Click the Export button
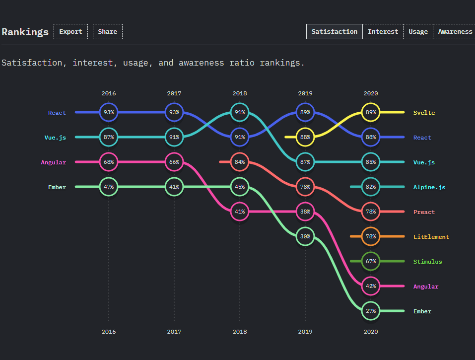[x=70, y=32]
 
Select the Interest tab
[x=383, y=32]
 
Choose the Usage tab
[x=418, y=32]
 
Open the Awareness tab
[x=455, y=32]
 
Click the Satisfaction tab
[x=334, y=32]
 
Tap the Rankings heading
[x=25, y=32]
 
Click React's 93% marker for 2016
[x=109, y=113]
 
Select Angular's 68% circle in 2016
[x=109, y=162]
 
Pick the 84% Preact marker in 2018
[x=240, y=162]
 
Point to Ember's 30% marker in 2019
[x=305, y=237]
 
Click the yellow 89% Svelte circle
[x=371, y=113]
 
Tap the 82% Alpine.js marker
[x=371, y=187]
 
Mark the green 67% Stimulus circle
[x=371, y=262]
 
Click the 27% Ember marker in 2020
[x=371, y=311]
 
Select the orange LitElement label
[x=431, y=237]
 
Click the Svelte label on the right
[x=424, y=113]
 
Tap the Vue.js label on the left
[x=55, y=138]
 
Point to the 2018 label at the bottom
[x=240, y=332]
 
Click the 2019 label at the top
[x=305, y=93]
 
